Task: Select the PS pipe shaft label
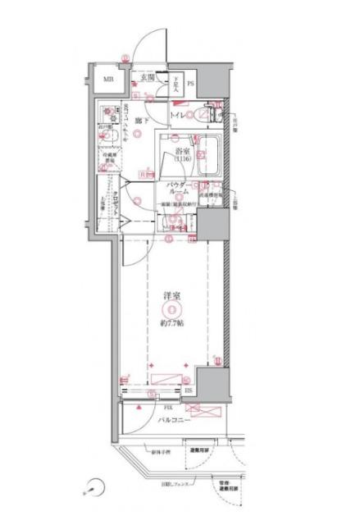pyautogui.click(x=189, y=83)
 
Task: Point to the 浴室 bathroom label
pyautogui.click(x=181, y=152)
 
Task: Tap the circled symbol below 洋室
pyautogui.click(x=168, y=308)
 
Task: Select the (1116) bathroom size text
pyautogui.click(x=181, y=160)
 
